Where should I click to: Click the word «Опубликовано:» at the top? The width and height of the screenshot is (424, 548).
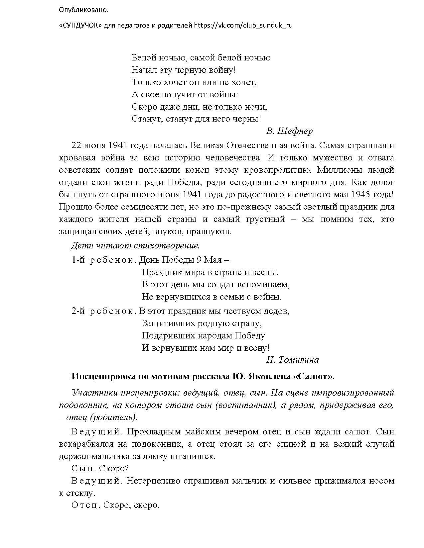(x=83, y=10)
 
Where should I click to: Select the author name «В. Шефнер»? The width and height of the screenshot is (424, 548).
(x=289, y=131)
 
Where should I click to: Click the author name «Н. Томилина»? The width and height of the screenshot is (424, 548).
(x=292, y=360)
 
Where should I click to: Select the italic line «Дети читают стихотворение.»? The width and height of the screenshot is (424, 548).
(x=135, y=246)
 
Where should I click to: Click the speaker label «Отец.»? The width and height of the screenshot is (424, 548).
(x=86, y=505)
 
